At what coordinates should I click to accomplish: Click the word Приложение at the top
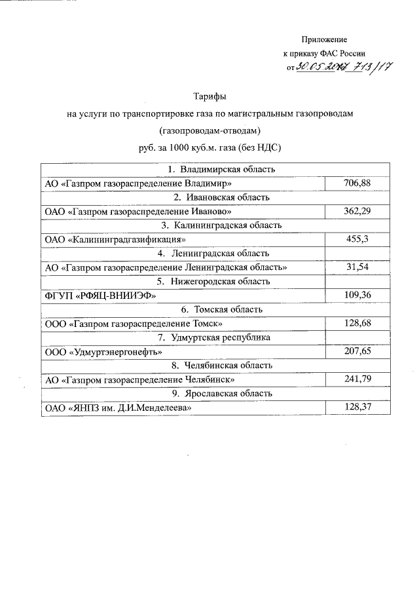pos(323,41)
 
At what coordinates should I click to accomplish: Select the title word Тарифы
pos(209,97)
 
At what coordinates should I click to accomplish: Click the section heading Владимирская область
pos(215,169)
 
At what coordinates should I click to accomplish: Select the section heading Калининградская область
pos(215,225)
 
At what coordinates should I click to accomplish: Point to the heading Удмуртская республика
pos(215,337)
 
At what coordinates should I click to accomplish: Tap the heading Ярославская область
pos(215,394)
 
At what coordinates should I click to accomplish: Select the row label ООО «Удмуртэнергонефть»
pos(103,352)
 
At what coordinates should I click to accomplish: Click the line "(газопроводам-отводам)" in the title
pos(209,130)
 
